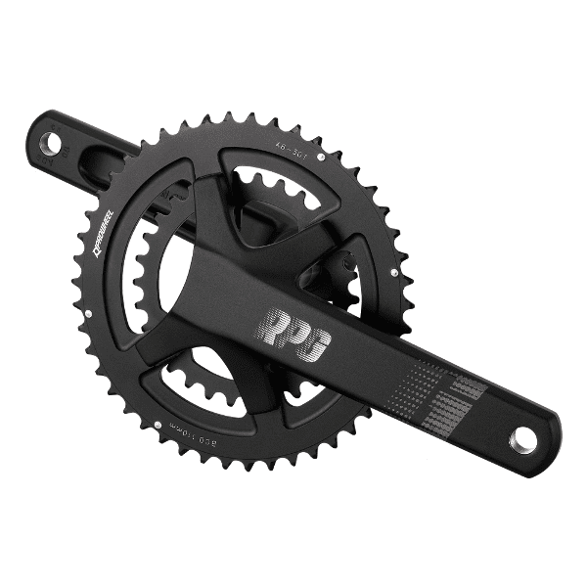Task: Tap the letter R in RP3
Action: coord(274,327)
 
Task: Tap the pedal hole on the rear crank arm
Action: coord(51,144)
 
